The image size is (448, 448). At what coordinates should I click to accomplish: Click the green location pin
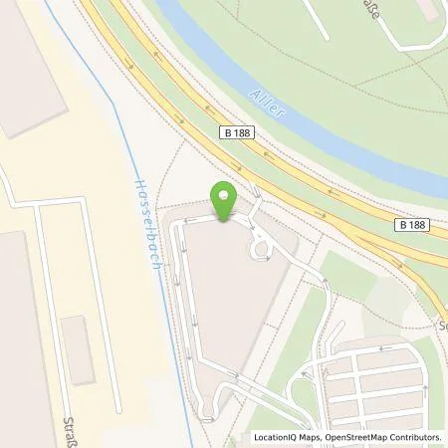pos(225,199)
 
